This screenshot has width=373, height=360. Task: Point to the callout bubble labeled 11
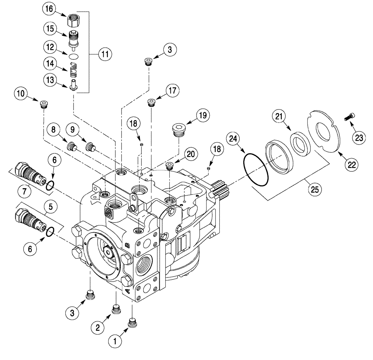(105, 54)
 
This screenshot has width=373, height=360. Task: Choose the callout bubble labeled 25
(315, 189)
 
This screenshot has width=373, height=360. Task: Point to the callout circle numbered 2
(97, 328)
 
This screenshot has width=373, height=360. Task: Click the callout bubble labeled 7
(25, 191)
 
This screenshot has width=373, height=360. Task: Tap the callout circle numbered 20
(190, 154)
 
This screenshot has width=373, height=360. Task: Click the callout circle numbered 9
(73, 130)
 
